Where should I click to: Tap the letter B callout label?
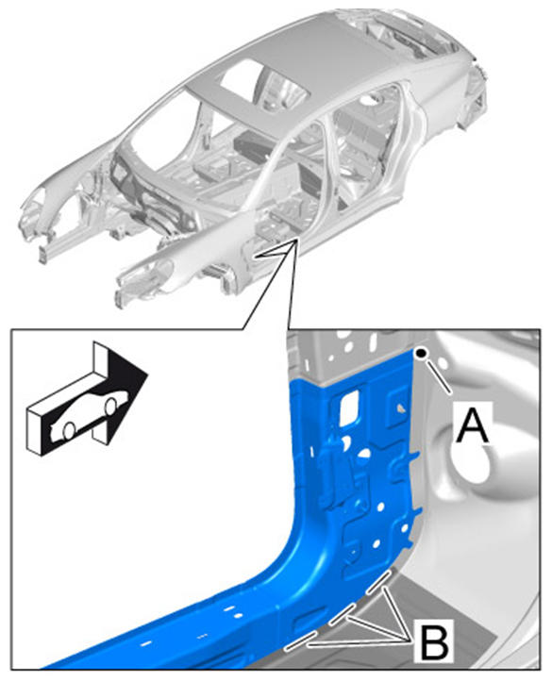coord(434,642)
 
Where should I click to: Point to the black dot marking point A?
coord(421,354)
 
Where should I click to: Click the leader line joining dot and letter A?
coord(438,374)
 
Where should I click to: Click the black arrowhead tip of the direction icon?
coord(147,374)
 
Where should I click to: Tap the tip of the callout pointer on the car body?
coord(296,240)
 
